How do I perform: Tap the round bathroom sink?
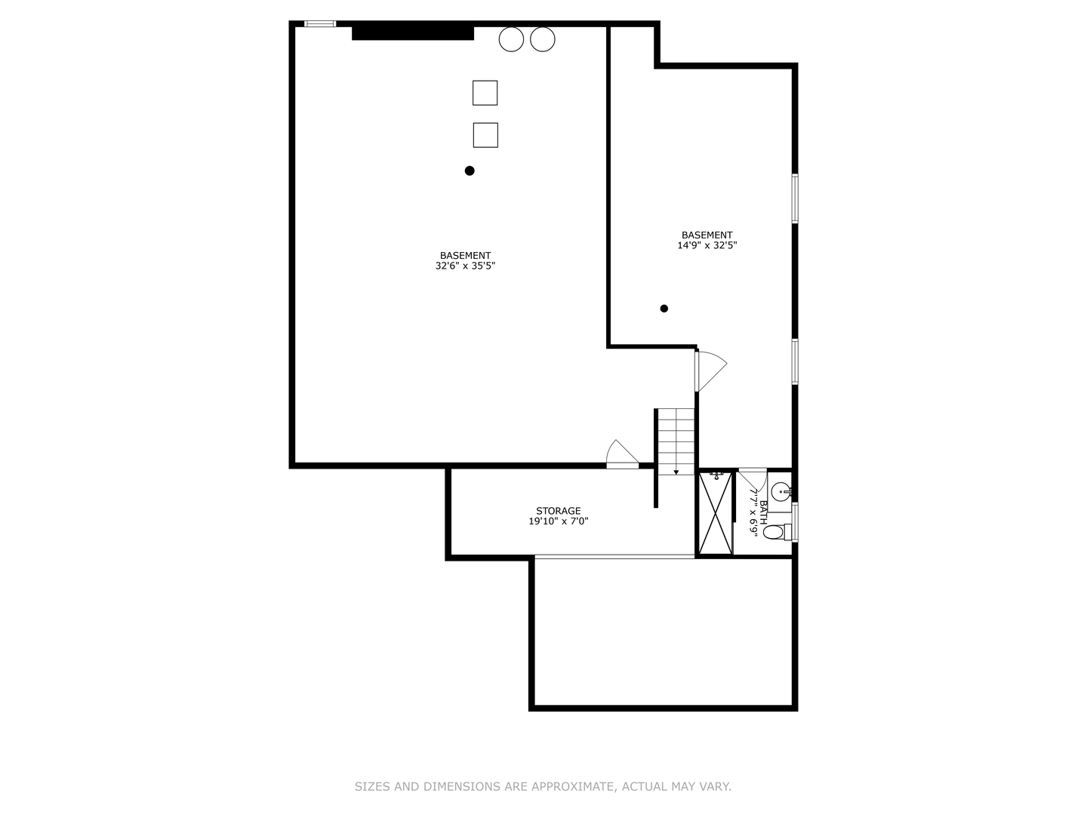point(781,491)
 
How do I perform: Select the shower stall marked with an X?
point(715,514)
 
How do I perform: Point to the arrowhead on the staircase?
point(676,472)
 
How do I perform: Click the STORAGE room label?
point(559,511)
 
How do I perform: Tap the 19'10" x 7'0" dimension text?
point(559,521)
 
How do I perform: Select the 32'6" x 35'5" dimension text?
point(465,266)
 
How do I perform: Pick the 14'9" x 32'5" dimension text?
point(707,245)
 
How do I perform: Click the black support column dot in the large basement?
point(470,171)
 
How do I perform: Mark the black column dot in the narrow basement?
point(664,309)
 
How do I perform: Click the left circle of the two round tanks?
point(511,39)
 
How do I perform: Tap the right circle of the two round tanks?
point(542,39)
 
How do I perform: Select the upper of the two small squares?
point(485,93)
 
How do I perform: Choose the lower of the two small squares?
point(485,135)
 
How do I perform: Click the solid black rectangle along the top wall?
point(413,33)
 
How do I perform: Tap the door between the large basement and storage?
point(622,455)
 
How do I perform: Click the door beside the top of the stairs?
point(709,370)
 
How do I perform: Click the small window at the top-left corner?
point(320,24)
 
